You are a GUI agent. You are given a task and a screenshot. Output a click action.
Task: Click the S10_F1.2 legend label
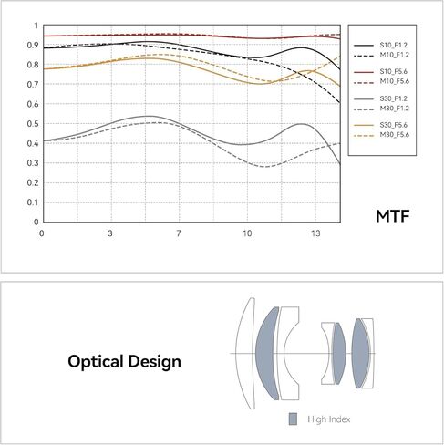point(393,46)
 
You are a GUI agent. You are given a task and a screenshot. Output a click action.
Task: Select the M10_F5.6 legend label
point(395,81)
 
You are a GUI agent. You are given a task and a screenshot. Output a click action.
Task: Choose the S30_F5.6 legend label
point(394,125)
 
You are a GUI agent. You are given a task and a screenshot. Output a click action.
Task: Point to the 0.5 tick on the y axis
point(33,124)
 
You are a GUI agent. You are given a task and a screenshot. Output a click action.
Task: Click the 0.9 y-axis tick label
point(33,46)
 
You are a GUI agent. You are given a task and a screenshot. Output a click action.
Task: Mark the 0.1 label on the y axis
point(33,202)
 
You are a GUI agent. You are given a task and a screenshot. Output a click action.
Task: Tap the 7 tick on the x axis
point(179,233)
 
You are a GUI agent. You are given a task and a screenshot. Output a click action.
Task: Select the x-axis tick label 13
point(315,233)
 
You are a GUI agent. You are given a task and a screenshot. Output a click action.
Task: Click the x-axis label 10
point(247,233)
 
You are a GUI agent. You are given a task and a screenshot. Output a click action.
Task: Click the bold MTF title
point(393,216)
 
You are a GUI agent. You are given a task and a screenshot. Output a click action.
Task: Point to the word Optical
point(95,362)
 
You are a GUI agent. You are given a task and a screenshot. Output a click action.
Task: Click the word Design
point(154,362)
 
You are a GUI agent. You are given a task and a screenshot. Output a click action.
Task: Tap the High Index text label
point(329,419)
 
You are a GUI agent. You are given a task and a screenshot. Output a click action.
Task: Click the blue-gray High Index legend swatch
point(293,419)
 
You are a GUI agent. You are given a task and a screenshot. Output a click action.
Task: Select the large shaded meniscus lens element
point(267,353)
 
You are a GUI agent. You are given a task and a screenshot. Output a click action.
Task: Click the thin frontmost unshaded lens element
point(244,353)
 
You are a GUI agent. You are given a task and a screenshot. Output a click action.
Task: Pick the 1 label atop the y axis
point(36,26)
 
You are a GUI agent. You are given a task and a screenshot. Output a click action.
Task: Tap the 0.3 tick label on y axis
point(33,163)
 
